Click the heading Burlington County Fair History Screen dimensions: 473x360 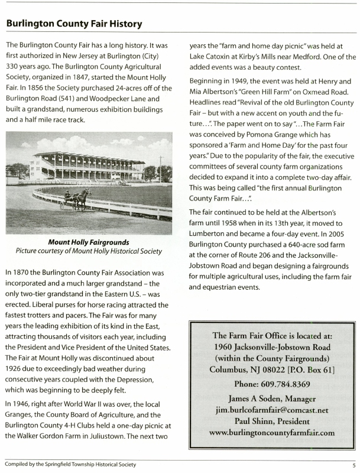click(74, 24)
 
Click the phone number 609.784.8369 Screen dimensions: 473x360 click(273, 384)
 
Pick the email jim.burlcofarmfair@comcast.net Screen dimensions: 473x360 click(272, 410)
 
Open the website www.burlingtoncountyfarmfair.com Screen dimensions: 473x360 click(272, 432)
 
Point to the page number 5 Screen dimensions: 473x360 click(353, 464)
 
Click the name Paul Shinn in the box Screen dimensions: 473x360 click(241, 421)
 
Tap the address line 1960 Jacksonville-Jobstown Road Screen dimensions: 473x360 click(272, 347)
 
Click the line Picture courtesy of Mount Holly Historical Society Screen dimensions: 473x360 click(89, 251)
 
